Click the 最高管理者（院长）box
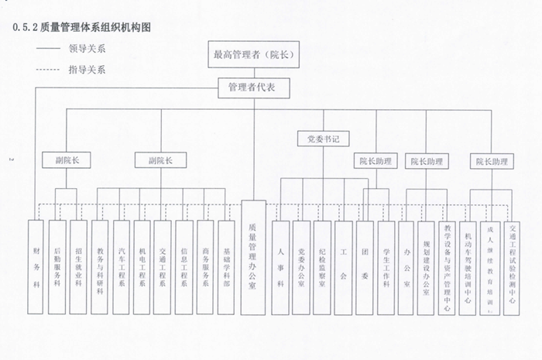[x=254, y=54]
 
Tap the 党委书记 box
[x=323, y=139]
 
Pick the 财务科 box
[x=36, y=267]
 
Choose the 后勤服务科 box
[x=57, y=267]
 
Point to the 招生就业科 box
[x=78, y=267]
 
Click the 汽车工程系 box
[x=121, y=267]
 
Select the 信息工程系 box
[x=184, y=267]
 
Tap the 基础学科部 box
[x=226, y=267]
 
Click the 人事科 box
[x=280, y=267]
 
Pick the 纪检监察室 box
[x=322, y=267]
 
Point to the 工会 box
[x=343, y=267]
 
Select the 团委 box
[x=365, y=267]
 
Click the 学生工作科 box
[x=386, y=267]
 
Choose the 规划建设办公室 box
[x=427, y=267]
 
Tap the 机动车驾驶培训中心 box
[x=468, y=267]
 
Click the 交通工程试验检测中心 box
[x=511, y=267]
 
